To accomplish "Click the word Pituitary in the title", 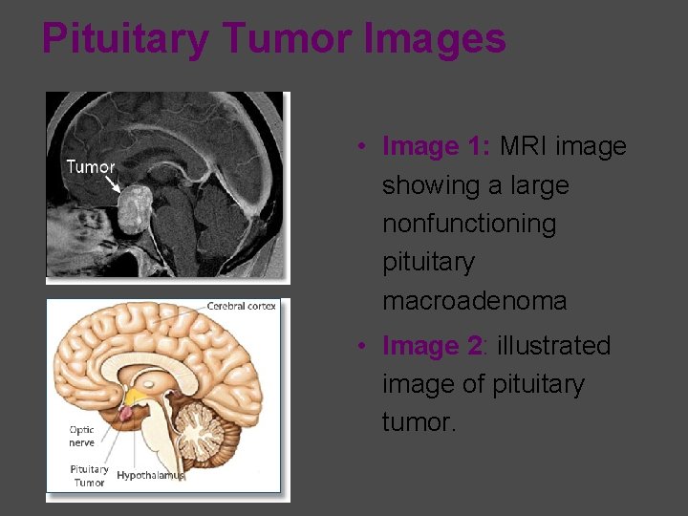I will [x=125, y=39].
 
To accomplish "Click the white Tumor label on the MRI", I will [x=91, y=167].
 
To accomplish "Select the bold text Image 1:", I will [x=436, y=146].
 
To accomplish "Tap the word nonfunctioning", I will [x=469, y=224].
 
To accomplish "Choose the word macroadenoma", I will [x=474, y=301].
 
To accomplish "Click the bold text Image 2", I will [x=434, y=345].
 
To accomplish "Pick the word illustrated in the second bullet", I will [x=553, y=345].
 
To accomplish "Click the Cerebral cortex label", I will [x=243, y=306].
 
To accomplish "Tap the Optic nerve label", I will [x=82, y=436].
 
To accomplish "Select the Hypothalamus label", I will [x=150, y=475].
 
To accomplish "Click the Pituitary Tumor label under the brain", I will [x=89, y=476].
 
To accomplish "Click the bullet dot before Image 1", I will [x=362, y=147].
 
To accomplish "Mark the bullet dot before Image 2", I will [x=362, y=346].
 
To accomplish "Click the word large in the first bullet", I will [x=539, y=185].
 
